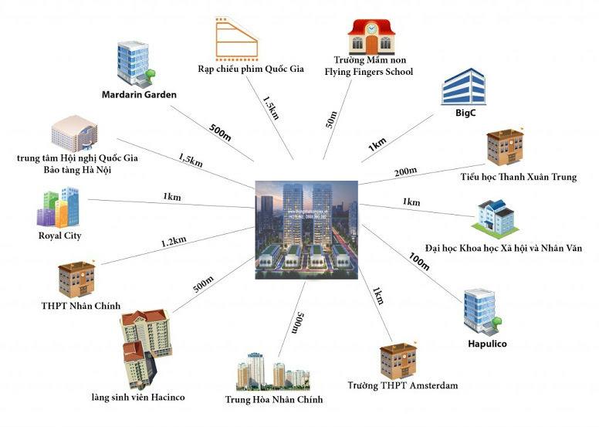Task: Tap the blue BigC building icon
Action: click(462, 86)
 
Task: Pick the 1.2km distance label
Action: click(174, 242)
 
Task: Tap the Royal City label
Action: click(59, 236)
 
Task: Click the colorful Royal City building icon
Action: click(57, 206)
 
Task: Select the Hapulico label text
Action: click(487, 344)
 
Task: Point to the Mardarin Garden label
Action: click(139, 95)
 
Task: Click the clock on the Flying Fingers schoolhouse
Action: click(373, 29)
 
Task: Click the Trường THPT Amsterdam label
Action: click(402, 385)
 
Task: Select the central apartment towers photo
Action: click(306, 225)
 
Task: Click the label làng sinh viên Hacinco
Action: click(137, 398)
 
